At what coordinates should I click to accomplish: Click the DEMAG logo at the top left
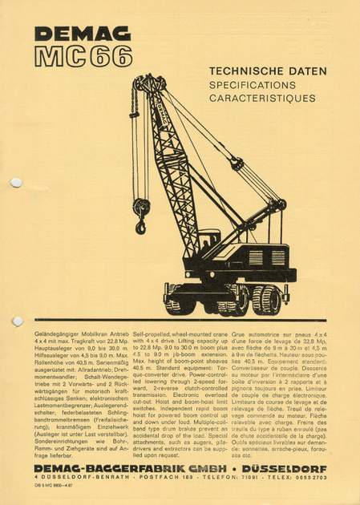(71, 34)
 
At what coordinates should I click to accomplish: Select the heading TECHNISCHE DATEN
(267, 71)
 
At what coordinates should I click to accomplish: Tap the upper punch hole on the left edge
(16, 183)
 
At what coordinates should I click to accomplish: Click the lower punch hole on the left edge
(16, 321)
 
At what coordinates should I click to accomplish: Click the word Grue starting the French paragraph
(239, 332)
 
